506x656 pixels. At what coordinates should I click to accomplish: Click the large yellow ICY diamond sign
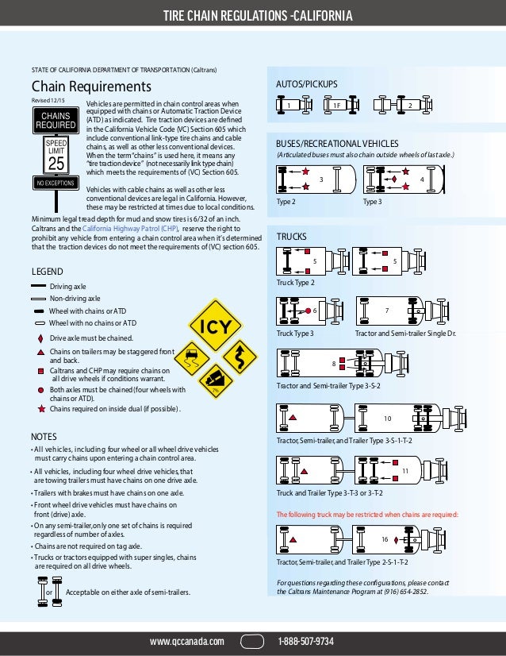(x=217, y=327)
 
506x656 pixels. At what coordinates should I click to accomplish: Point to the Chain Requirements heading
(x=90, y=86)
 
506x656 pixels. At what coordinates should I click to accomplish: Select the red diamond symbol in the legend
(x=40, y=338)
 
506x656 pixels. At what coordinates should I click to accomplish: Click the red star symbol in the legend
(x=40, y=409)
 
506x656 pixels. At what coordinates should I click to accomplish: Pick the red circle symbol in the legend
(x=40, y=390)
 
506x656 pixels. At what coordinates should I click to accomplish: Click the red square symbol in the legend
(x=40, y=371)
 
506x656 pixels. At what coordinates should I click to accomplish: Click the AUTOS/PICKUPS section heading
(x=306, y=83)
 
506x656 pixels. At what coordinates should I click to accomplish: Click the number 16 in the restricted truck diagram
(x=384, y=539)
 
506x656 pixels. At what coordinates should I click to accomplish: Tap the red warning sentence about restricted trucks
(x=366, y=515)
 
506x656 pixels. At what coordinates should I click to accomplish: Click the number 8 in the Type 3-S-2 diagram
(x=333, y=363)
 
